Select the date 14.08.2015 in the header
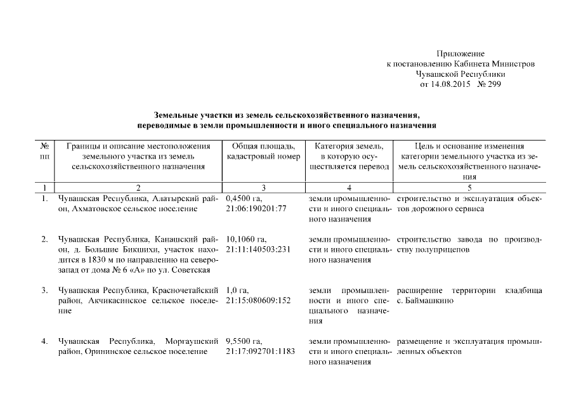(x=451, y=84)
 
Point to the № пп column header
(x=45, y=152)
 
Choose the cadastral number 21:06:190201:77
(x=256, y=209)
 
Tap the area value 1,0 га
(x=236, y=291)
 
